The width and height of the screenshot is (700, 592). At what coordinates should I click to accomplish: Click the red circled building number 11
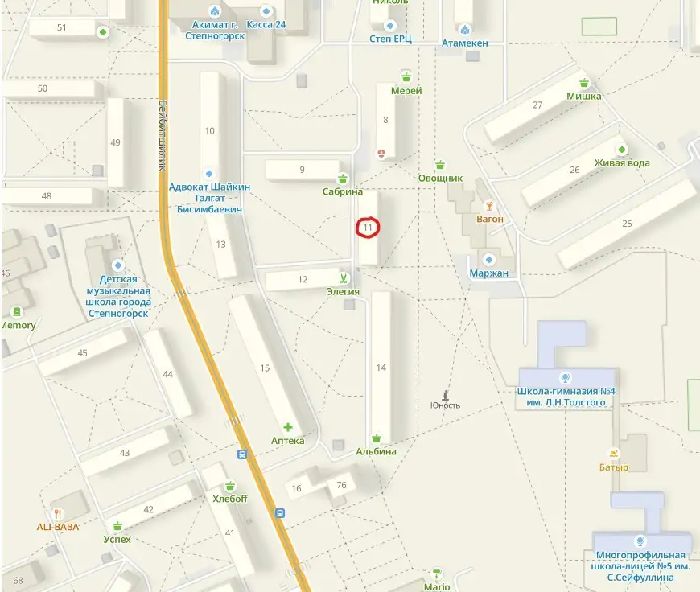pos(368,228)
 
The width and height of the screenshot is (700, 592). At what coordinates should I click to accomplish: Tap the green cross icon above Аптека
pos(287,427)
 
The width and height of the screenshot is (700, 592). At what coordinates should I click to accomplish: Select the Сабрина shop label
pos(343,193)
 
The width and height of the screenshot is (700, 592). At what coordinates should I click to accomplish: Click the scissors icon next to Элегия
pos(343,279)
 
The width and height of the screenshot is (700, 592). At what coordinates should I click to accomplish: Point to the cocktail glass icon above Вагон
pos(489,206)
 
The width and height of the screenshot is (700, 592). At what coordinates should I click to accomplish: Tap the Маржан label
pos(489,273)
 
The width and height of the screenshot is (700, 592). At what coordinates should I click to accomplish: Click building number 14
pos(381,368)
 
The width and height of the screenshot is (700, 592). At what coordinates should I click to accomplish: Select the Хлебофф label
pos(230,499)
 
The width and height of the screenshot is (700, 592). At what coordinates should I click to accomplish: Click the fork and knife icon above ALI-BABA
pos(59,513)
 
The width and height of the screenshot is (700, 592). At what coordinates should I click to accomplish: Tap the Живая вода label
pos(622,163)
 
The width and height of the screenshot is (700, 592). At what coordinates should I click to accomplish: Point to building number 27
pos(537,105)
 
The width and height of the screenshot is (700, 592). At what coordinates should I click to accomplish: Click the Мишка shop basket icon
pos(584,83)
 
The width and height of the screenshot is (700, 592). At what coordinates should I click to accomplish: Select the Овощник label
pos(440,178)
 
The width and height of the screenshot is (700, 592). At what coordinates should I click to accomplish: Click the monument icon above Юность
pos(445,394)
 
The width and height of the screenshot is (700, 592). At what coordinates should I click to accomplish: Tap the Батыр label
pos(614,467)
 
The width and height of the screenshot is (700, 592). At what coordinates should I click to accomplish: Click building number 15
pos(265,368)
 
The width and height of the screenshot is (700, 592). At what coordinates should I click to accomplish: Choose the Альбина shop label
pos(377,451)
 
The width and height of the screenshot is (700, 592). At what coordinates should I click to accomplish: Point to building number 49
pos(115,142)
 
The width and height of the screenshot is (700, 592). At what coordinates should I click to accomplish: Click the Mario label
pos(437,587)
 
